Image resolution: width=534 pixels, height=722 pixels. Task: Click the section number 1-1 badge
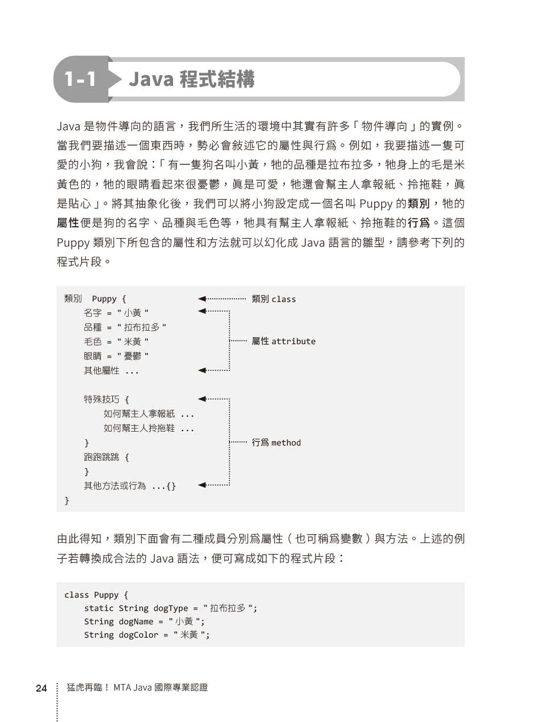(x=81, y=79)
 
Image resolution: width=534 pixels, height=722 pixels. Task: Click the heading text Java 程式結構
(x=191, y=79)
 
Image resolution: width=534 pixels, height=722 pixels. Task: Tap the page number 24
(x=41, y=688)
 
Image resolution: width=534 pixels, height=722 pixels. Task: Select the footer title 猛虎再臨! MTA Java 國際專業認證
(x=137, y=687)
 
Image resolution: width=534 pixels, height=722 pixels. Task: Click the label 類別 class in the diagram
(x=273, y=299)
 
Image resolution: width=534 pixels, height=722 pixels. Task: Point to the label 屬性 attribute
(x=284, y=341)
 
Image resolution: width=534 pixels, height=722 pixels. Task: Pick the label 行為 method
(x=276, y=442)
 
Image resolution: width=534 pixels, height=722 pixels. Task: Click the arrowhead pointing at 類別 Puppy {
(x=202, y=299)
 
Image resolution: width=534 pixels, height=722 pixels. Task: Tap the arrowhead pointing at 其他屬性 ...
(x=202, y=370)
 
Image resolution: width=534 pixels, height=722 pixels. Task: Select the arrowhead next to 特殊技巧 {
(x=202, y=399)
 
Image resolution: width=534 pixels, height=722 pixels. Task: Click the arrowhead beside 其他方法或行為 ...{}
(x=202, y=485)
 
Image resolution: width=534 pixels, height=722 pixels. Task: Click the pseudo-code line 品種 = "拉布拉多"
(x=125, y=327)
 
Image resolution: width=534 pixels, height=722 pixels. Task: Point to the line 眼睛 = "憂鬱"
(x=116, y=356)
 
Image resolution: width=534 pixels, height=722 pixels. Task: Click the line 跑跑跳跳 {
(x=106, y=457)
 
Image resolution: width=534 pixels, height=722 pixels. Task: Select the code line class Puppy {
(x=96, y=594)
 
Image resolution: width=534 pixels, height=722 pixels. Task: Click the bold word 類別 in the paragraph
(x=419, y=204)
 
